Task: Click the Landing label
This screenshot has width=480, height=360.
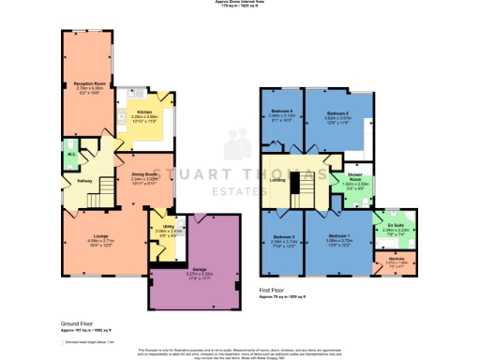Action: [279, 181]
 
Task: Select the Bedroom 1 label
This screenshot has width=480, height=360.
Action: [340, 236]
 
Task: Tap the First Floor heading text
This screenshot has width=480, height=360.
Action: [277, 290]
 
